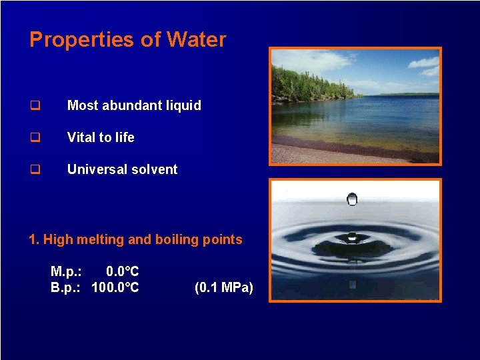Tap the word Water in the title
click(x=197, y=40)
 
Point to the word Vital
click(x=81, y=137)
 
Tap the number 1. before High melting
click(x=35, y=239)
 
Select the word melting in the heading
click(x=101, y=239)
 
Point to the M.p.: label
click(x=66, y=271)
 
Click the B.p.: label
click(x=66, y=287)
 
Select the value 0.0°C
click(x=123, y=271)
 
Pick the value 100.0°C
click(x=115, y=287)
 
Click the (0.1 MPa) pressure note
click(x=223, y=287)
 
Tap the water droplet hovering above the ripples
click(x=352, y=199)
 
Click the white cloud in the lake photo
click(x=313, y=61)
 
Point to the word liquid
click(x=181, y=105)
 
